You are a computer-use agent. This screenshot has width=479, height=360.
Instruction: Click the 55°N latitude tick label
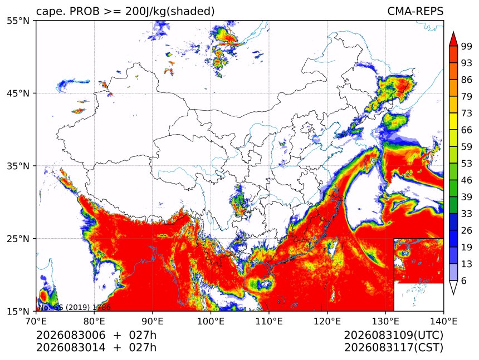tap(18, 21)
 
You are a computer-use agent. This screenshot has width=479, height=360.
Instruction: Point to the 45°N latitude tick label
tap(18, 93)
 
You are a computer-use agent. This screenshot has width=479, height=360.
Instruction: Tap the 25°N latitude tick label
tap(18, 239)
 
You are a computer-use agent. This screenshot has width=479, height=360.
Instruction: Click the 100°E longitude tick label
tap(211, 321)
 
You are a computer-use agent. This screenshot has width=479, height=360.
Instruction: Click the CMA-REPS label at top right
tap(415, 11)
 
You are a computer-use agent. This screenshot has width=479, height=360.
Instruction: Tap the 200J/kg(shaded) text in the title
tap(170, 11)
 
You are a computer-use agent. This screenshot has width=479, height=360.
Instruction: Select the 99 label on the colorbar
tap(467, 46)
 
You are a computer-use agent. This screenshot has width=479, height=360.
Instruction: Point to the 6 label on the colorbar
tap(464, 280)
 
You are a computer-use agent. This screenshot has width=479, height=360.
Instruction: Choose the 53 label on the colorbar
tap(467, 164)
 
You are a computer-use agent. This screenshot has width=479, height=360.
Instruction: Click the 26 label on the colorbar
tap(467, 231)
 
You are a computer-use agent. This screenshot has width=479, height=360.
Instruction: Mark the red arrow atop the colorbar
tap(453, 39)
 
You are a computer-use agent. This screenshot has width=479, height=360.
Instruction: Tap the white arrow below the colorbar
tap(453, 288)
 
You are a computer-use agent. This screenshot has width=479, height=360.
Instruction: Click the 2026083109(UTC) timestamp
tap(393, 336)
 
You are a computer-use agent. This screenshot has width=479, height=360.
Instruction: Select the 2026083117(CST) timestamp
tap(393, 348)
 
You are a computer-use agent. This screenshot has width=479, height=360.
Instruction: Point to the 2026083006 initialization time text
tap(71, 335)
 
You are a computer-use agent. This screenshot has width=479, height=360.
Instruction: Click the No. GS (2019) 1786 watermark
tap(74, 307)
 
